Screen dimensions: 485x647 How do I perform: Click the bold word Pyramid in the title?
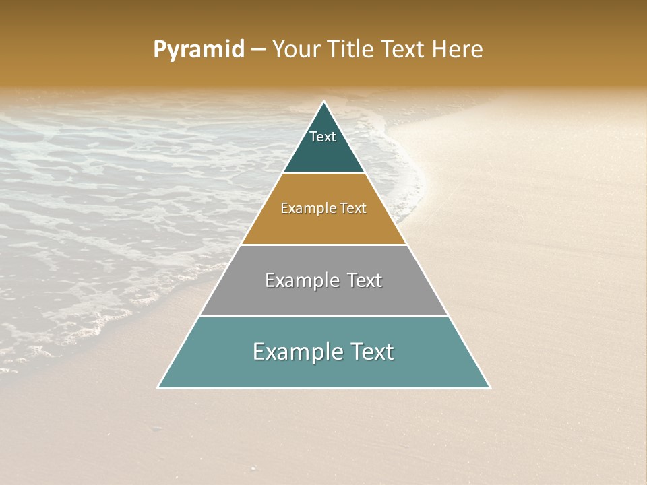[199, 50]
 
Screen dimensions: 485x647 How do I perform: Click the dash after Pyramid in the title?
[258, 50]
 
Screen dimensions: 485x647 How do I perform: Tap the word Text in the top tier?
[323, 137]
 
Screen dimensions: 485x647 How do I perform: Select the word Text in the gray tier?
[364, 280]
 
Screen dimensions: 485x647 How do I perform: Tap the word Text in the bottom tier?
[372, 352]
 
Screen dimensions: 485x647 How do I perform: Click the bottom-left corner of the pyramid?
[158, 387]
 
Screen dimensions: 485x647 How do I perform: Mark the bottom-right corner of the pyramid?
[489, 387]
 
